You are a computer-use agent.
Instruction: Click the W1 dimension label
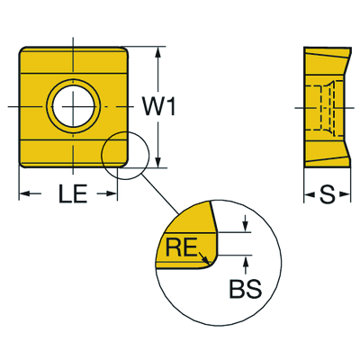(x=158, y=106)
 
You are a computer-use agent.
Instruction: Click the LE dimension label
(x=73, y=193)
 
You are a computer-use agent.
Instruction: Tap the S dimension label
(x=327, y=195)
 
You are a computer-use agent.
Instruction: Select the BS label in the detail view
(x=246, y=289)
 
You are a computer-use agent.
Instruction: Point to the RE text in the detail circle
(x=182, y=247)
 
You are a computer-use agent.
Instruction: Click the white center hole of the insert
(x=73, y=106)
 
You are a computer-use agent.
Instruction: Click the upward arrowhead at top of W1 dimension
(x=158, y=52)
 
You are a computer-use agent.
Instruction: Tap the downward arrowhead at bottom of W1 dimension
(x=158, y=162)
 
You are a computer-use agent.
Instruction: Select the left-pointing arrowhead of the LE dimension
(x=25, y=193)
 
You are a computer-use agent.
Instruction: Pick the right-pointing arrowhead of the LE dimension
(x=111, y=193)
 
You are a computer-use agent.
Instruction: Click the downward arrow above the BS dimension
(x=246, y=223)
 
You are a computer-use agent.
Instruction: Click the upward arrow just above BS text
(x=246, y=265)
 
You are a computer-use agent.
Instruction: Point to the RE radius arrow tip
(x=209, y=261)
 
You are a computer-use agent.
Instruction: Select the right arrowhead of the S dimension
(x=345, y=195)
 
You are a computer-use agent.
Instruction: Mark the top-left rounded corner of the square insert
(x=22, y=50)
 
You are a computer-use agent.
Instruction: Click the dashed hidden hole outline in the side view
(x=325, y=107)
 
